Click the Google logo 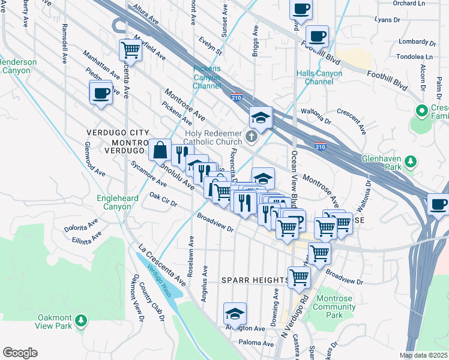20,352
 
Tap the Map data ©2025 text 424,355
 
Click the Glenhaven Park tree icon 411,161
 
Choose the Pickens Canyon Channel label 206,77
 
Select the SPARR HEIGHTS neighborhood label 255,280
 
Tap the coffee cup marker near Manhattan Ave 101,94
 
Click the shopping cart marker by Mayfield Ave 130,51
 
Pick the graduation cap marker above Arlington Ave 235,314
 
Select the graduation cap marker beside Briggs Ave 261,118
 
